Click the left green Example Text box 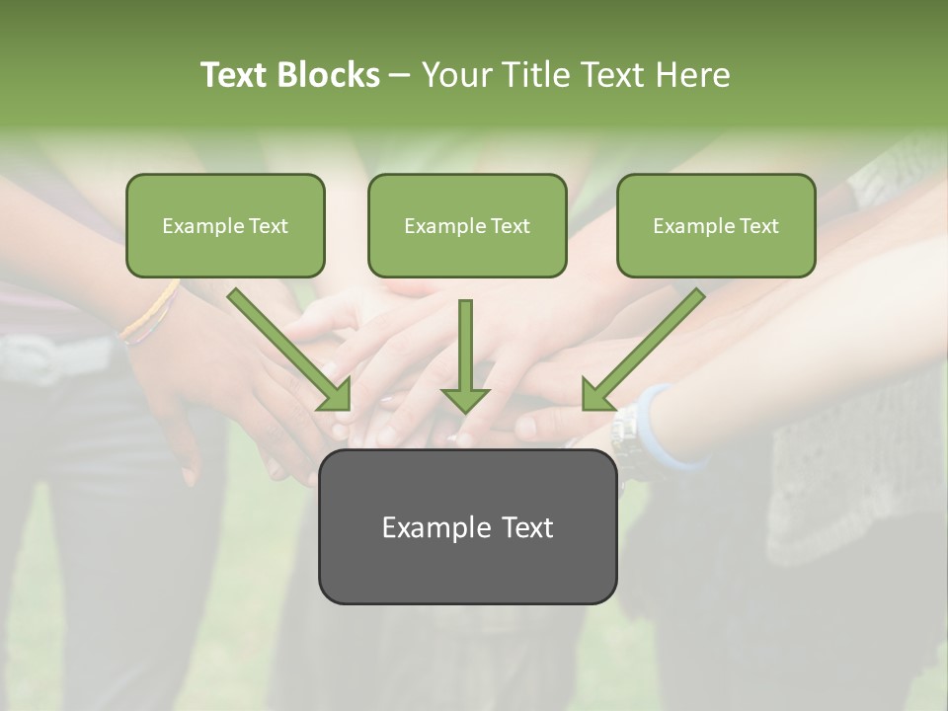[x=225, y=225]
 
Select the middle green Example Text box [x=467, y=225]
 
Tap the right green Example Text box [x=716, y=225]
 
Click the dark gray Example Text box [x=467, y=526]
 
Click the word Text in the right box [x=758, y=226]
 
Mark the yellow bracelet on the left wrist [x=151, y=314]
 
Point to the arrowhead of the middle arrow [x=465, y=399]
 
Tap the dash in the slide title [x=400, y=75]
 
